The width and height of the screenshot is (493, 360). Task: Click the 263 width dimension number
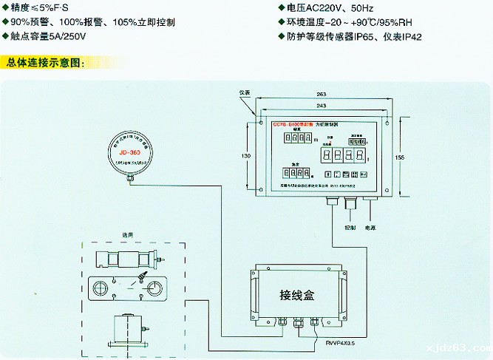[x=320, y=95]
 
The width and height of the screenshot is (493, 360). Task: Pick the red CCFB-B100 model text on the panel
[x=290, y=126]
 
